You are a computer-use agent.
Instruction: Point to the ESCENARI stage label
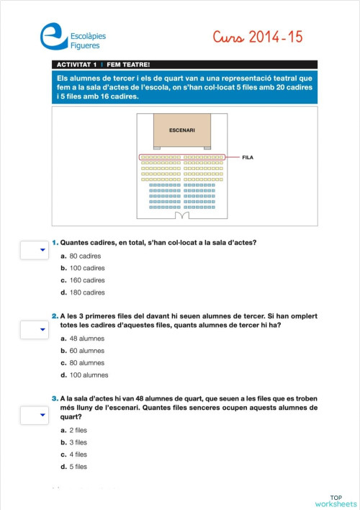click(x=181, y=130)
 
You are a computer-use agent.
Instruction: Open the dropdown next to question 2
click(x=33, y=330)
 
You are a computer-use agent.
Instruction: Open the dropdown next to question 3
click(x=33, y=415)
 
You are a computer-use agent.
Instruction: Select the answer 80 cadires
click(x=80, y=256)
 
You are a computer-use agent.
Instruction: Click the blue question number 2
click(x=55, y=316)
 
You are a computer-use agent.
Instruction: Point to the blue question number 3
click(x=55, y=398)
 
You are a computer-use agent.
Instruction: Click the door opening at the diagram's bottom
click(x=181, y=215)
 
